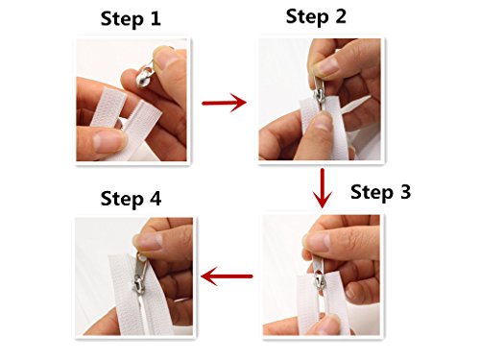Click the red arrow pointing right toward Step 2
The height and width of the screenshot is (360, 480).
tap(223, 104)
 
